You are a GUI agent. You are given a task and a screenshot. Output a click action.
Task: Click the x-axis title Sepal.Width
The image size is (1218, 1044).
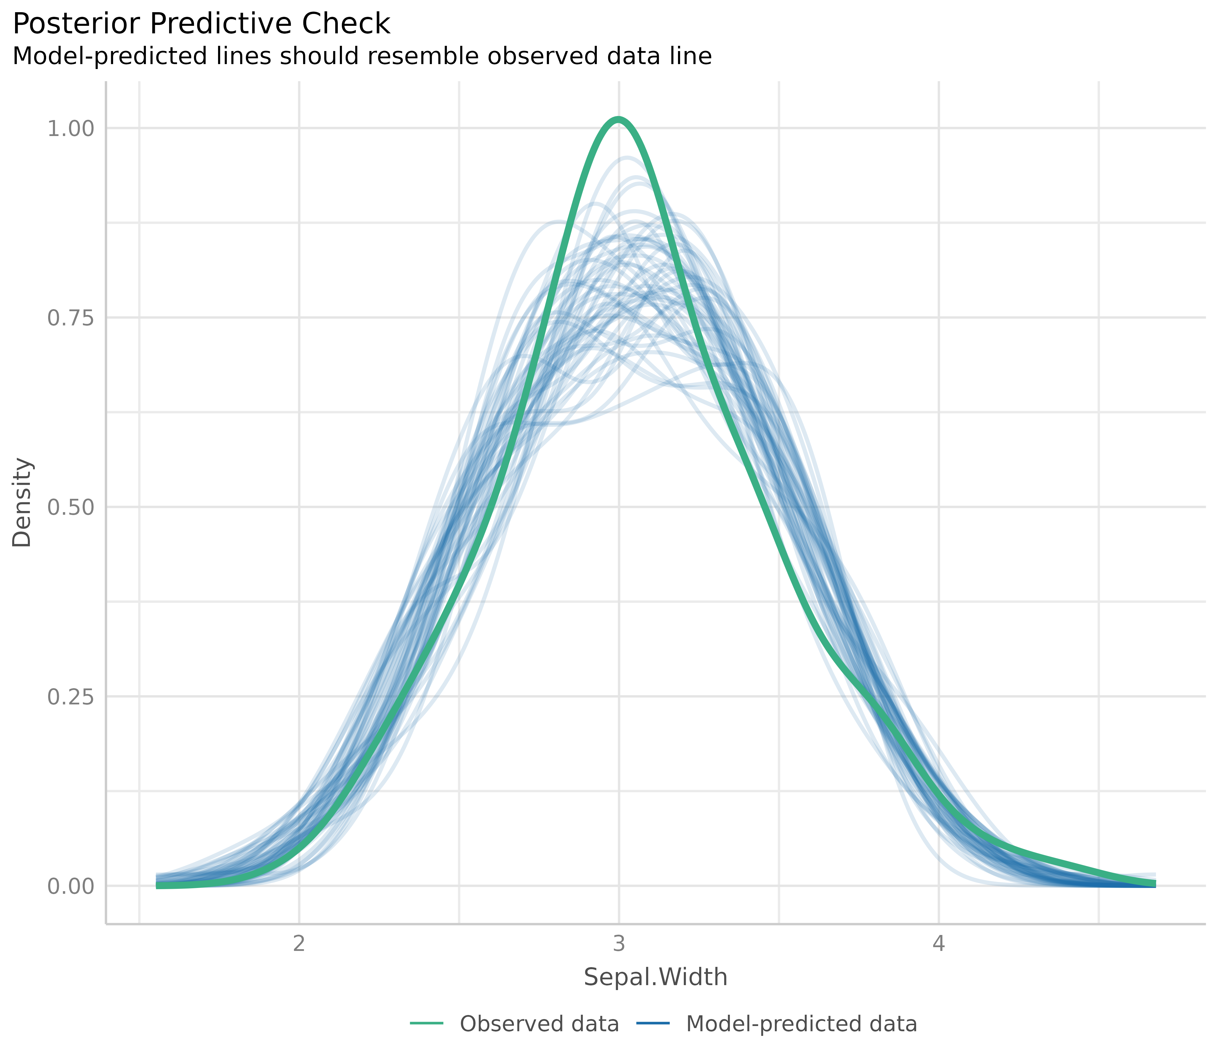[x=655, y=977]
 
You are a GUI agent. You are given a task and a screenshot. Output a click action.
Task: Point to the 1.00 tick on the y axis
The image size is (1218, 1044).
[x=70, y=128]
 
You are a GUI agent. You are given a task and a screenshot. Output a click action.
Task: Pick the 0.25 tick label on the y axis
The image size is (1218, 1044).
[x=70, y=697]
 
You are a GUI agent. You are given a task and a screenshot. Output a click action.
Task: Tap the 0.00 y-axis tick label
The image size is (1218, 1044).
[x=70, y=886]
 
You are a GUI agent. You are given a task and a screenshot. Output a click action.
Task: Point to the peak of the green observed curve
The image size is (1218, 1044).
[x=618, y=120]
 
